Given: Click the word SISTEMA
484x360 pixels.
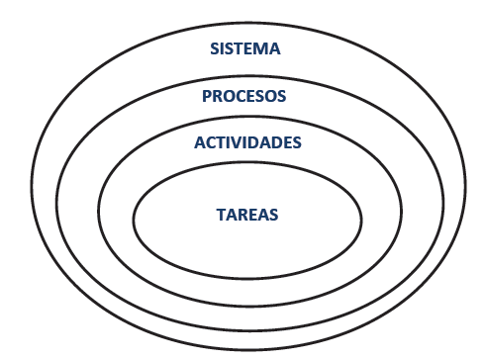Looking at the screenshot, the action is click(245, 48).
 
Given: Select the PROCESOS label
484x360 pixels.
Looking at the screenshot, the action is click(243, 96).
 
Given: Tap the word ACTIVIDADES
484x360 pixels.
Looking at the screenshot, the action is click(247, 142).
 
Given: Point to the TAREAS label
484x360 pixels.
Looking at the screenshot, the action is click(247, 213).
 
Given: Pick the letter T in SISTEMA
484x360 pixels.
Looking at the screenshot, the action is click(241, 48).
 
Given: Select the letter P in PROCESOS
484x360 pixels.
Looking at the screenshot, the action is click(207, 96).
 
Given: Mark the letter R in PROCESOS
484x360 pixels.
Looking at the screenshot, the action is click(218, 96).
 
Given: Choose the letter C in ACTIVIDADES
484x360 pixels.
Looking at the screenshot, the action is click(210, 142).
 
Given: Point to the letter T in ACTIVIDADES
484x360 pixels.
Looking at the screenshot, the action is click(221, 142).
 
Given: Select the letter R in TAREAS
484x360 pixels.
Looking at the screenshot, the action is click(243, 213).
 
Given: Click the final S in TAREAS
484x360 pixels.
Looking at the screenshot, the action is click(274, 213).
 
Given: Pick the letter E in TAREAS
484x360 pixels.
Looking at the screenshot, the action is click(253, 213).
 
